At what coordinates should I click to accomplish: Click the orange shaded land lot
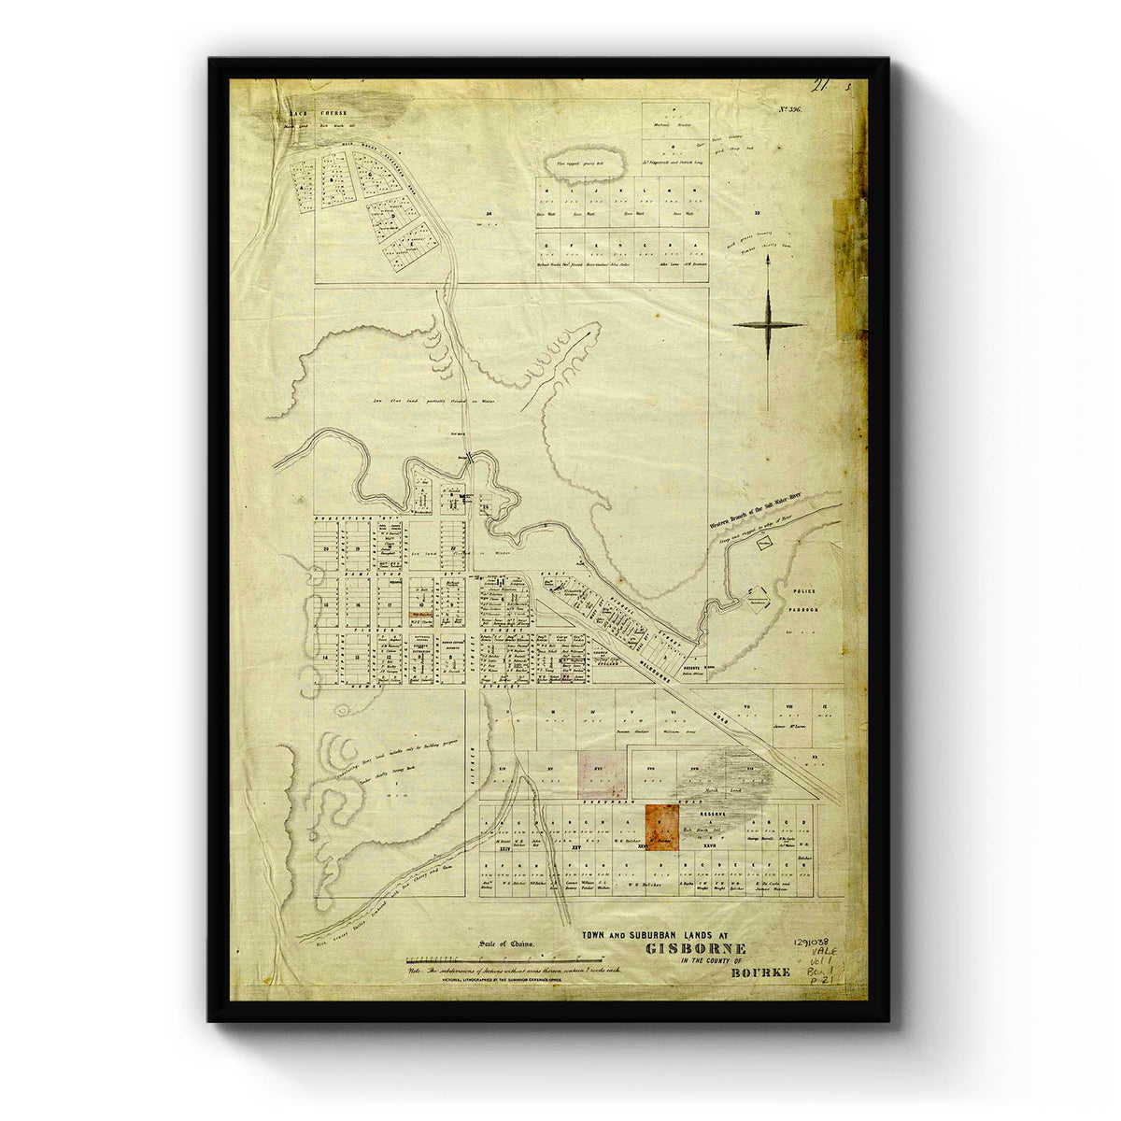[662, 824]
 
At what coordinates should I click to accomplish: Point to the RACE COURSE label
[317, 112]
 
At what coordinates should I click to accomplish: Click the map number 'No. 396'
[789, 110]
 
